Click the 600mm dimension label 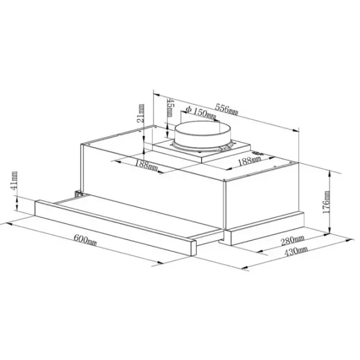[85, 239]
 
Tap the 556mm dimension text [227, 109]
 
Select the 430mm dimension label [296, 251]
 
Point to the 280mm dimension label [293, 240]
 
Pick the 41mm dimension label [14, 181]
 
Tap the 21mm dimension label [140, 113]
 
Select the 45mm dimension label [170, 107]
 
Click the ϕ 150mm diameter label [200, 113]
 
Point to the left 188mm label [146, 166]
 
